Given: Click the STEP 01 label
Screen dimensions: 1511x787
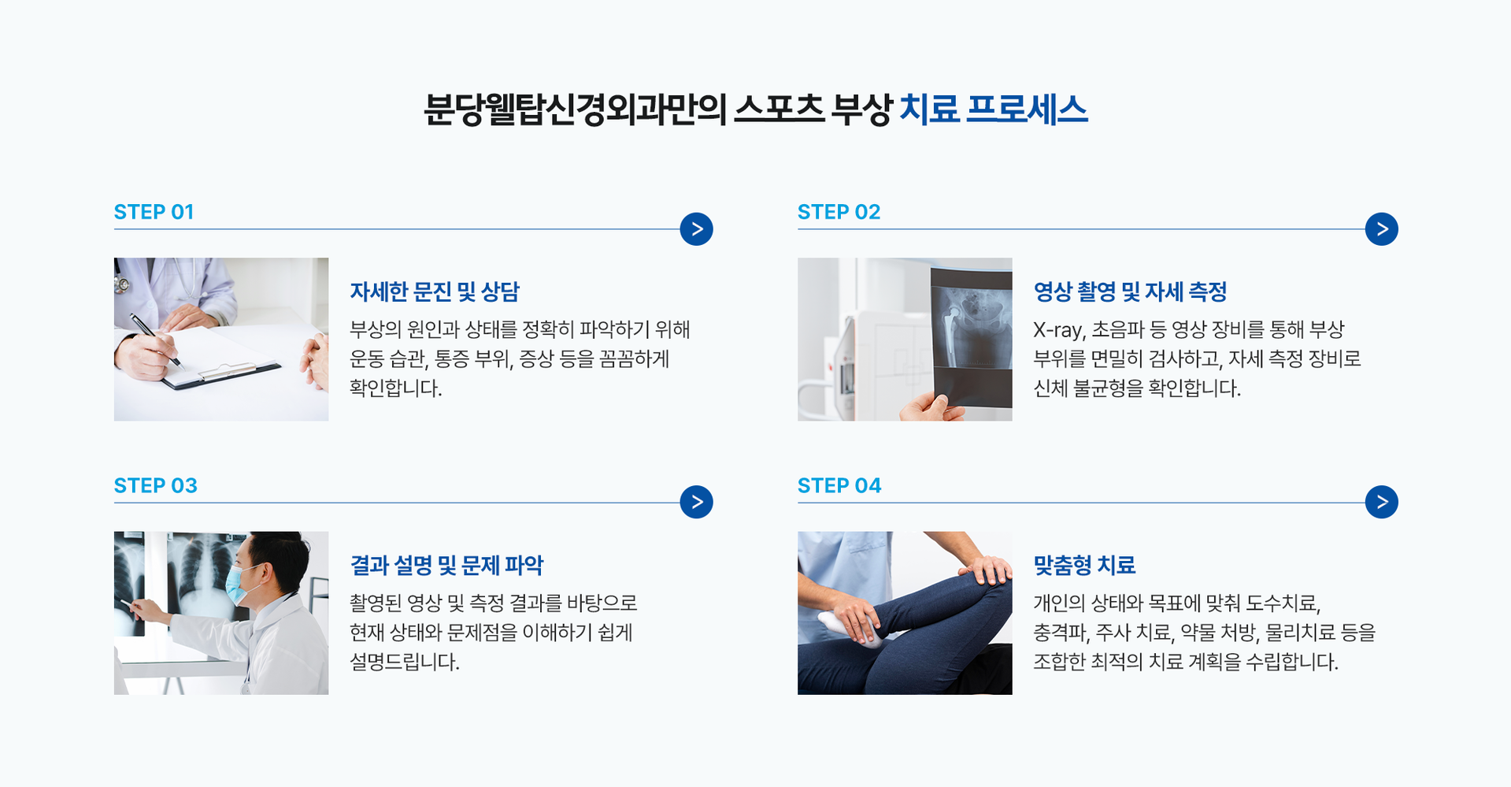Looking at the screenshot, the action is tap(154, 212).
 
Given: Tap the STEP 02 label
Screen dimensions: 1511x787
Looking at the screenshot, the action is tap(839, 212).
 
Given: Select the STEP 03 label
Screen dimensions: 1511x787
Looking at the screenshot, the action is tap(155, 485).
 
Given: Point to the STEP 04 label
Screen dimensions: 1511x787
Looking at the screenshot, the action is tap(839, 485).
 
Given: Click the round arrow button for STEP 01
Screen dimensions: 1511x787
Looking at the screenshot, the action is tap(696, 229).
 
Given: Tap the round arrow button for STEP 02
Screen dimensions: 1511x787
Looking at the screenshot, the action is tap(1381, 229).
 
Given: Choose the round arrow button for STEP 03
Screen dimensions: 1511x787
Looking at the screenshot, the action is tap(696, 502).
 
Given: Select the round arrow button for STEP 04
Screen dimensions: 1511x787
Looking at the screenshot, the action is tap(1381, 502).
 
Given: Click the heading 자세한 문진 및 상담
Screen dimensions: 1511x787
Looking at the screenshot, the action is tap(435, 292).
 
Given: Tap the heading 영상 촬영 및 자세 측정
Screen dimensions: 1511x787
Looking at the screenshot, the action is tap(1130, 292).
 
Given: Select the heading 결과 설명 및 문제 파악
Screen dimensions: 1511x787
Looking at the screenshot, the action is tap(446, 565).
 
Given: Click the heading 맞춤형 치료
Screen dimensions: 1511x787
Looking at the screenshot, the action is tap(1084, 565).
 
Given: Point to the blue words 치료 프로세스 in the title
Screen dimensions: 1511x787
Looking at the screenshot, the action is tap(993, 109).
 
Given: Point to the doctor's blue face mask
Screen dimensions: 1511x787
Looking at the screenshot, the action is tap(240, 585).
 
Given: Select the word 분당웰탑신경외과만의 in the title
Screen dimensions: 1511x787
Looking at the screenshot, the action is tap(574, 109).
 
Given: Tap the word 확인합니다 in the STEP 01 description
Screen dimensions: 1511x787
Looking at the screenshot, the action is tap(396, 388).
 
